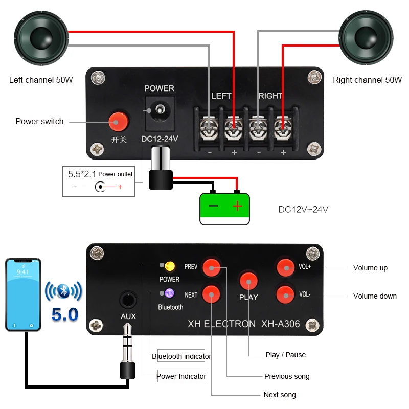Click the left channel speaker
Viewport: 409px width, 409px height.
[x=41, y=38]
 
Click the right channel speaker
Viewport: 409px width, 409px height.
[x=366, y=38]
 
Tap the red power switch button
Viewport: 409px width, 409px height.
[x=119, y=122]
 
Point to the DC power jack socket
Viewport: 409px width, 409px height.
[x=160, y=113]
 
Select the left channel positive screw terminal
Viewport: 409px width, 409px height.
[x=234, y=128]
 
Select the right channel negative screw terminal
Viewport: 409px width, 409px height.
[x=258, y=128]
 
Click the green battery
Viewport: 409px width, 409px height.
[x=224, y=208]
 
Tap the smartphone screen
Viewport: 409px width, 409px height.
[x=23, y=294]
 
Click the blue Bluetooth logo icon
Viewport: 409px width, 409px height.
[x=63, y=291]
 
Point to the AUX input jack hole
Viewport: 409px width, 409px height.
[x=128, y=300]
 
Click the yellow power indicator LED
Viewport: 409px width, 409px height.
[x=170, y=266]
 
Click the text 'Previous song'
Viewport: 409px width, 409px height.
[x=287, y=376]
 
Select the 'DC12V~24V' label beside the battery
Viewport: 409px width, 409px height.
[x=303, y=210]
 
